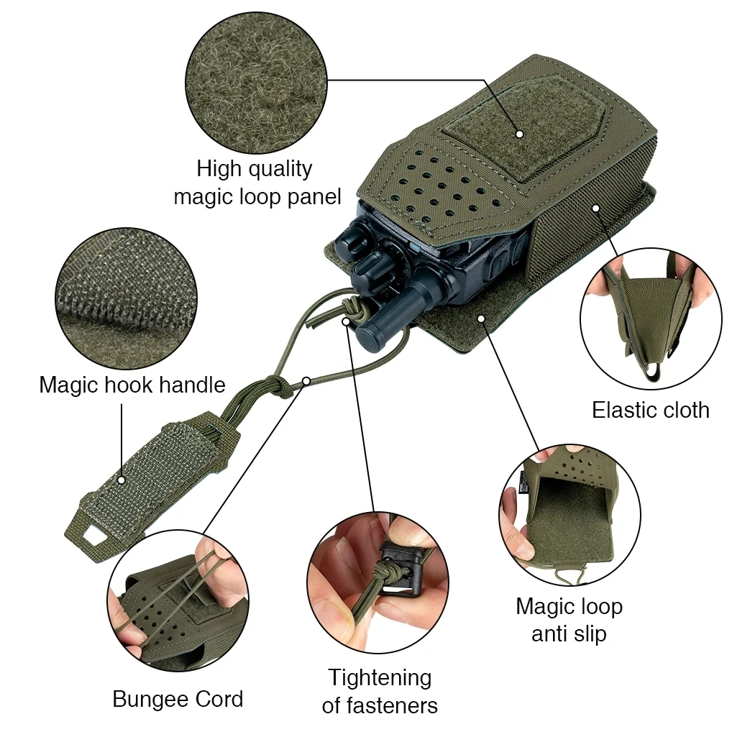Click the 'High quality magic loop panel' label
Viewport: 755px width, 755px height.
tap(257, 183)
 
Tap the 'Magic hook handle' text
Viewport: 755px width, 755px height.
tap(132, 385)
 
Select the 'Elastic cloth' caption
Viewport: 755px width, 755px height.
tap(650, 410)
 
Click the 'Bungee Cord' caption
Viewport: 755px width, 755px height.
tap(178, 699)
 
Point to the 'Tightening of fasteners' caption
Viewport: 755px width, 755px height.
tap(379, 691)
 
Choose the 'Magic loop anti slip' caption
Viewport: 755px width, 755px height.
tap(569, 620)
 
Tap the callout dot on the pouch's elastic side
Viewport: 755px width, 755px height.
tap(596, 208)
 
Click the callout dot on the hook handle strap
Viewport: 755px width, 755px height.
tap(122, 479)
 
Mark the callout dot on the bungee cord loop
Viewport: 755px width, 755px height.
tap(306, 380)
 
